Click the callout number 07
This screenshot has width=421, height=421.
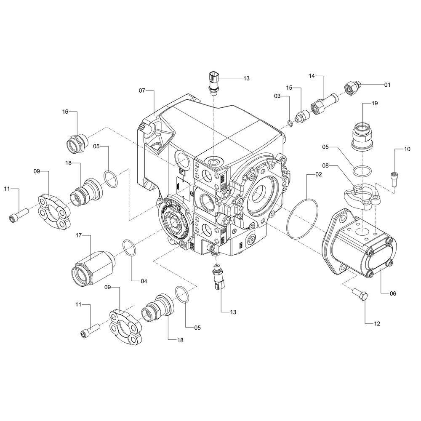coord(142,91)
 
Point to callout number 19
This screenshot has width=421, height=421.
coord(374,103)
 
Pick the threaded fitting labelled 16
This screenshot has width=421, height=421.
coord(77,144)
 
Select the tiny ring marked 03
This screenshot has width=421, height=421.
coord(290,123)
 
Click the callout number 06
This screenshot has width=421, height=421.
coord(393,293)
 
